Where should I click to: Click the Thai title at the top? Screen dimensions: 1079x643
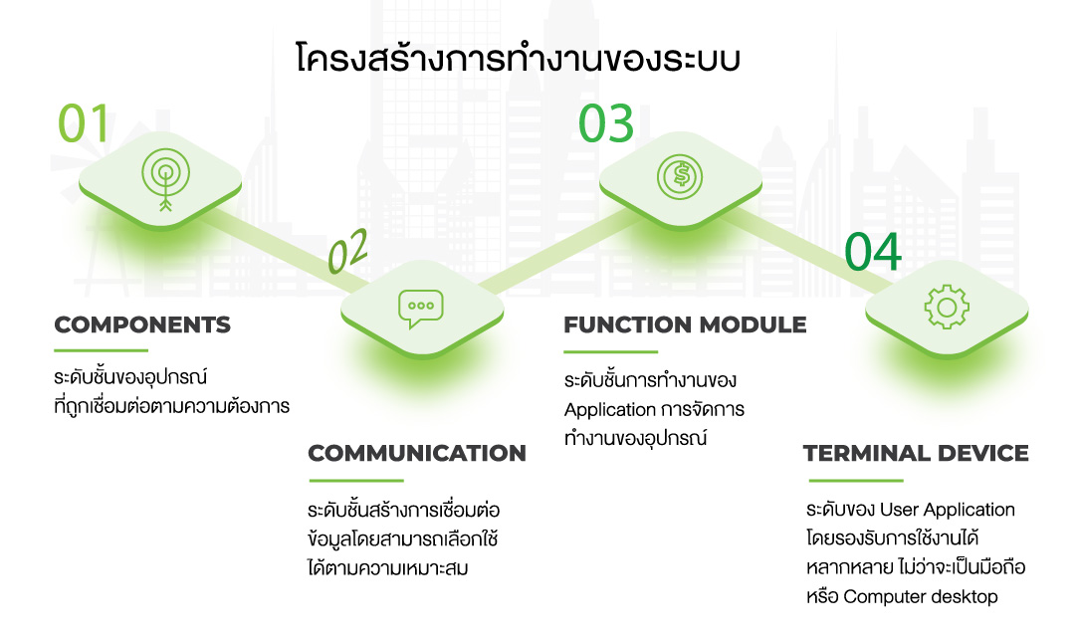[x=518, y=58]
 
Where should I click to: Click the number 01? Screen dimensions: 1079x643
[x=84, y=123]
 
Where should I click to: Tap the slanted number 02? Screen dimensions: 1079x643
[x=347, y=251]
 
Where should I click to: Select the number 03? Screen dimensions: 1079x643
[x=605, y=123]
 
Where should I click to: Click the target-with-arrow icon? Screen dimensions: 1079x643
[x=165, y=177]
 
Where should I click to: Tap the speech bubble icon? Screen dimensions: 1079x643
[x=420, y=309]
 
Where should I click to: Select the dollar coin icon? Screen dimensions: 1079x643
[x=680, y=177]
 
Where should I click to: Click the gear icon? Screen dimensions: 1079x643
[x=947, y=307]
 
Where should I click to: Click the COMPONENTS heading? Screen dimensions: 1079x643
[x=142, y=324]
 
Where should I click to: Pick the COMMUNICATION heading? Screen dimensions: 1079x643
[x=417, y=453]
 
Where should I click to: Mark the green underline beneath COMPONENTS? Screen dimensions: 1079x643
[x=102, y=350]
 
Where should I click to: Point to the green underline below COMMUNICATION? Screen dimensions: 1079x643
[x=355, y=480]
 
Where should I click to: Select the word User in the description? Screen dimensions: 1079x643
[x=899, y=510]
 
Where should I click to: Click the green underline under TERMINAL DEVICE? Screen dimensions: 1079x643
[x=855, y=480]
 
